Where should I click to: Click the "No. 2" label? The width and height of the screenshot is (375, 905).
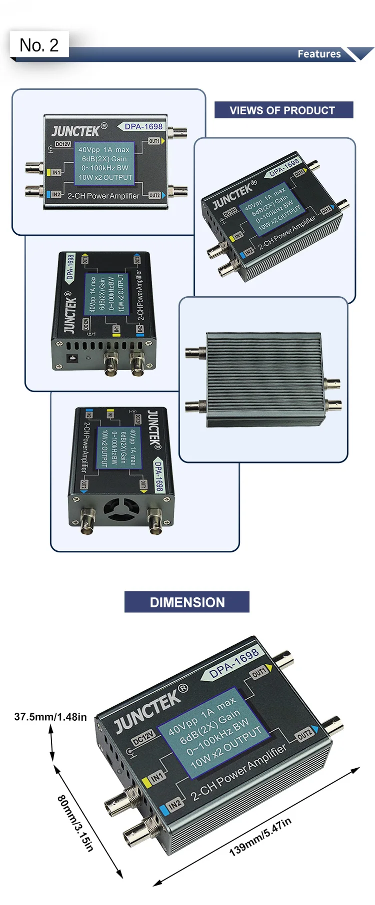coord(39,45)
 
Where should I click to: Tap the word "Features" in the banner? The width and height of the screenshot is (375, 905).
coord(319,54)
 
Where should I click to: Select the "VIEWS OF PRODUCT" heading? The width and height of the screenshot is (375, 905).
coord(283,110)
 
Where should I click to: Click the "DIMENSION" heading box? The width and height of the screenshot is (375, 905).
coord(187,602)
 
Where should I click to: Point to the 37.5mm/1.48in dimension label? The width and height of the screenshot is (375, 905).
coord(50,717)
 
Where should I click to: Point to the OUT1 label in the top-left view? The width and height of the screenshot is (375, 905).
coord(154,141)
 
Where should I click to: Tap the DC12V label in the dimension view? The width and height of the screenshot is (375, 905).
coord(143,738)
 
